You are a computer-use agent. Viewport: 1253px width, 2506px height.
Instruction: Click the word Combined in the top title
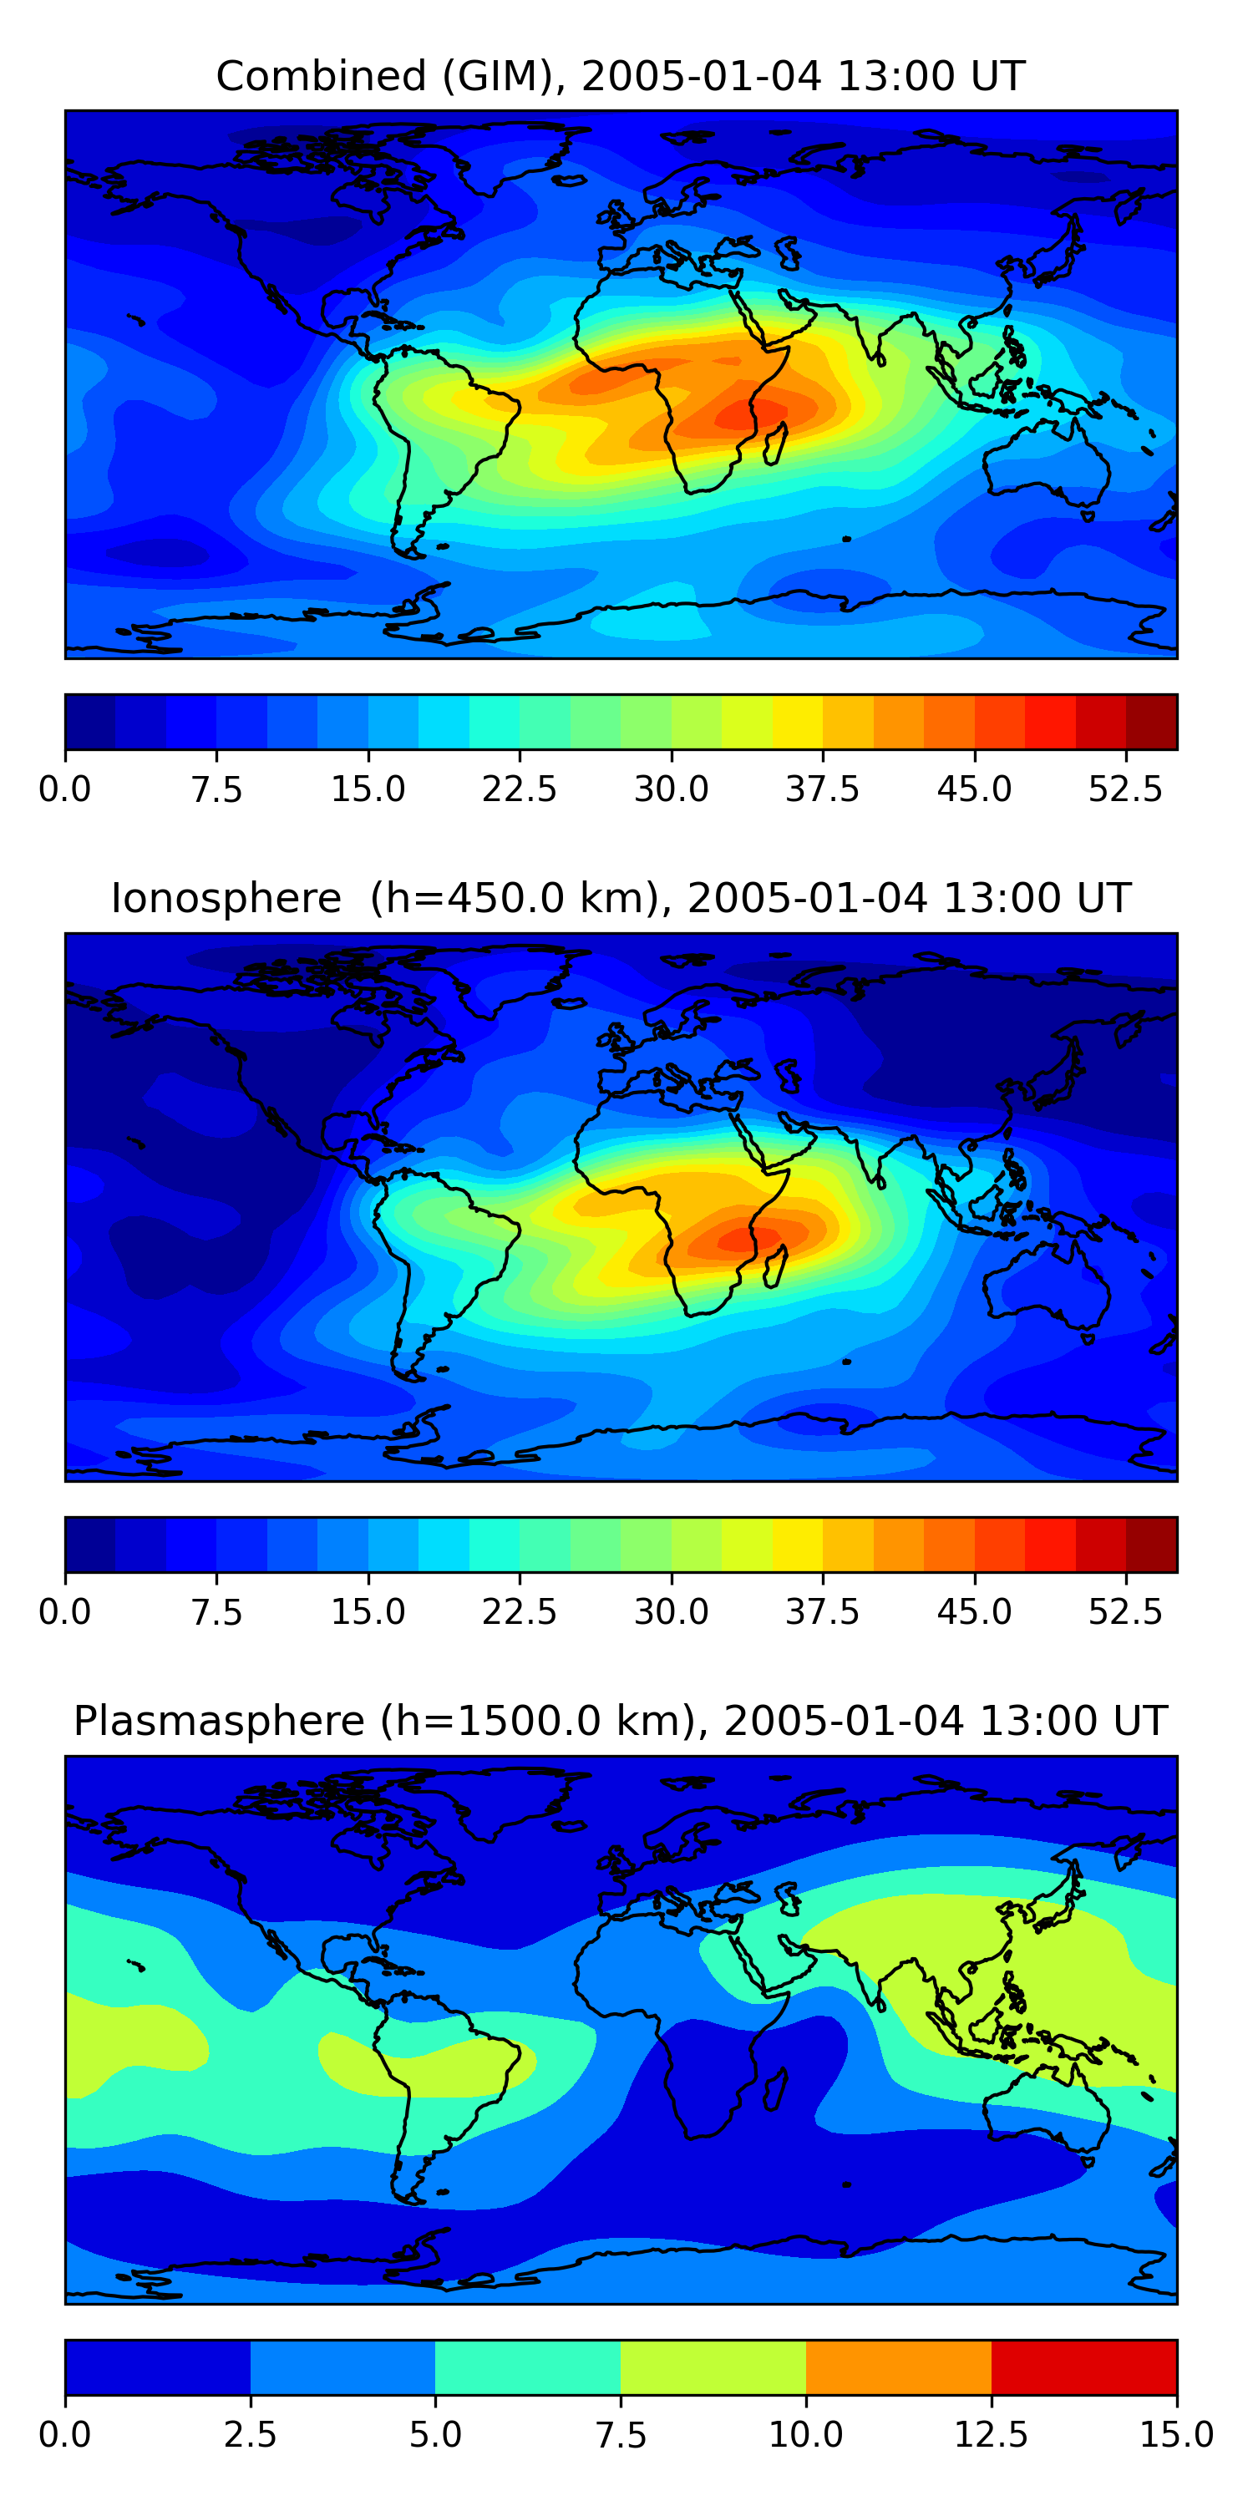321,76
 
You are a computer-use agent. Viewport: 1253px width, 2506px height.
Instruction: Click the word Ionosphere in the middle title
226,898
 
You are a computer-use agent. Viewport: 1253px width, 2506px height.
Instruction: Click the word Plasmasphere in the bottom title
219,1721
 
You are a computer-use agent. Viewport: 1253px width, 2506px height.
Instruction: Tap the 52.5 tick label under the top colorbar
1125,789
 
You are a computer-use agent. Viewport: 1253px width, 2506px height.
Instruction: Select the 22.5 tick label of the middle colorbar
520,1612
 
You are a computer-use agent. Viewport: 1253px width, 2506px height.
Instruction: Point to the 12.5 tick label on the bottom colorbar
992,2435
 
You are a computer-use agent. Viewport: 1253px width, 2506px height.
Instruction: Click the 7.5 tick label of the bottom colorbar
621,2435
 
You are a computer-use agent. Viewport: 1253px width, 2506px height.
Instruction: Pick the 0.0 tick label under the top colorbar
65,789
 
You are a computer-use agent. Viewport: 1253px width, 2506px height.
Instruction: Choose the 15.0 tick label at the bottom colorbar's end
1176,2435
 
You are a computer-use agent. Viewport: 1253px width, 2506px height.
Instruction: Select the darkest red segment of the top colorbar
1152,722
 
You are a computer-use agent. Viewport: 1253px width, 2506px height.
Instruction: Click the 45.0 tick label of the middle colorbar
974,1612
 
